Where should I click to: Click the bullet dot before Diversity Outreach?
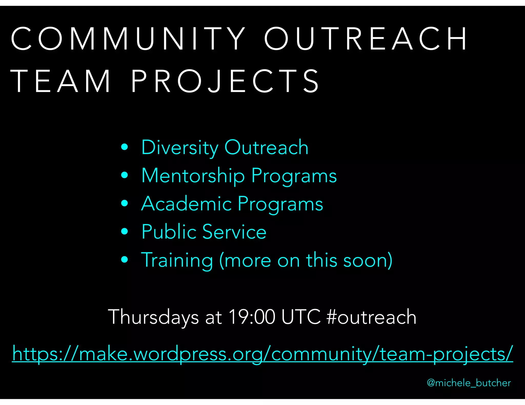[x=125, y=147]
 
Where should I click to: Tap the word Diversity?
[x=179, y=148]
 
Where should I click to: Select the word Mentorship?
[x=193, y=176]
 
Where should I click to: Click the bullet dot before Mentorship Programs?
[x=125, y=175]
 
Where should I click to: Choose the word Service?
[x=234, y=232]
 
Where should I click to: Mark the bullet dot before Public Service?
[x=125, y=231]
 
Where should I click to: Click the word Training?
[x=177, y=260]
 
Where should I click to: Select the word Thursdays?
[x=153, y=317]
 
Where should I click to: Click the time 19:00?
[x=252, y=317]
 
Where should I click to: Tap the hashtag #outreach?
[x=371, y=317]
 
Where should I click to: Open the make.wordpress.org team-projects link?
[x=262, y=354]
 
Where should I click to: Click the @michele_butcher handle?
[x=469, y=383]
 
